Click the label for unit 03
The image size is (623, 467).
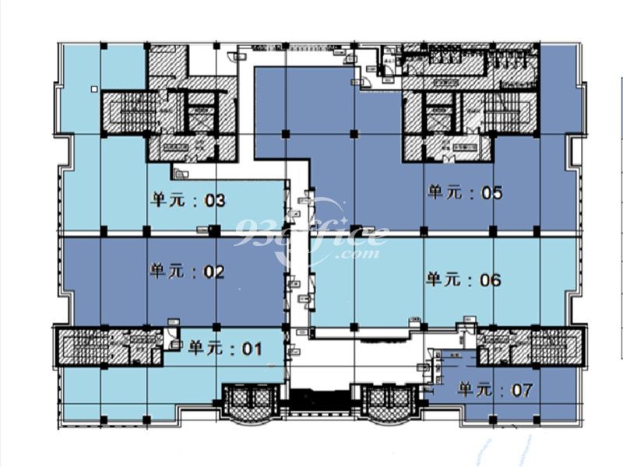(188, 201)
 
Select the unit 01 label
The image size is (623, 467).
(226, 348)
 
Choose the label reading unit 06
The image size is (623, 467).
(463, 279)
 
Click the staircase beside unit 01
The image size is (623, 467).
(86, 346)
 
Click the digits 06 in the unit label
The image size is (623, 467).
(491, 279)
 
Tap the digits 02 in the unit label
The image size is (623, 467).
(213, 272)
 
